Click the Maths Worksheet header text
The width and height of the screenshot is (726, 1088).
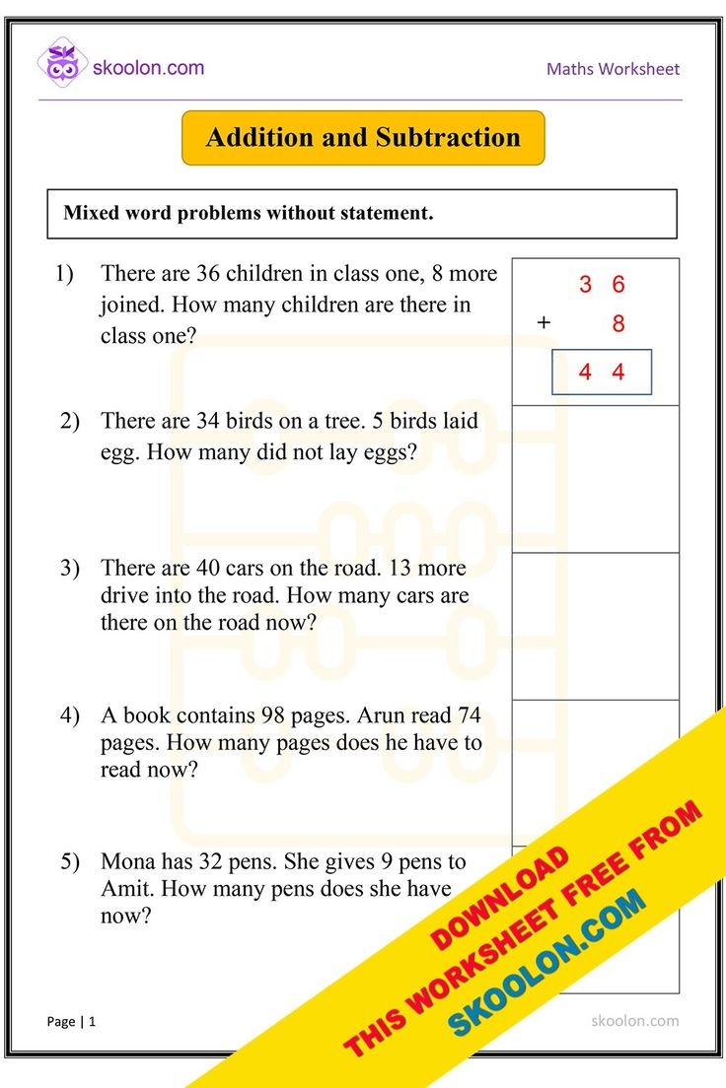pyautogui.click(x=613, y=69)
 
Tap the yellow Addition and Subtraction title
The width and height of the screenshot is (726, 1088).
pyautogui.click(x=363, y=138)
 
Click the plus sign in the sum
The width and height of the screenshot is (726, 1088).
pyautogui.click(x=543, y=323)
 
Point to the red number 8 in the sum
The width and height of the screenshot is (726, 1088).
pyautogui.click(x=618, y=324)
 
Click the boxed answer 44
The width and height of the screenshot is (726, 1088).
pyautogui.click(x=601, y=373)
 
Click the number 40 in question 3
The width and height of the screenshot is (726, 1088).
pyautogui.click(x=208, y=568)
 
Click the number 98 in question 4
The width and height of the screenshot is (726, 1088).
pyautogui.click(x=273, y=714)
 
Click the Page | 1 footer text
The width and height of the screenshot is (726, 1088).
pyautogui.click(x=71, y=1022)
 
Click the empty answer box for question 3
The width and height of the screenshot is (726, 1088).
pyautogui.click(x=596, y=626)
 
